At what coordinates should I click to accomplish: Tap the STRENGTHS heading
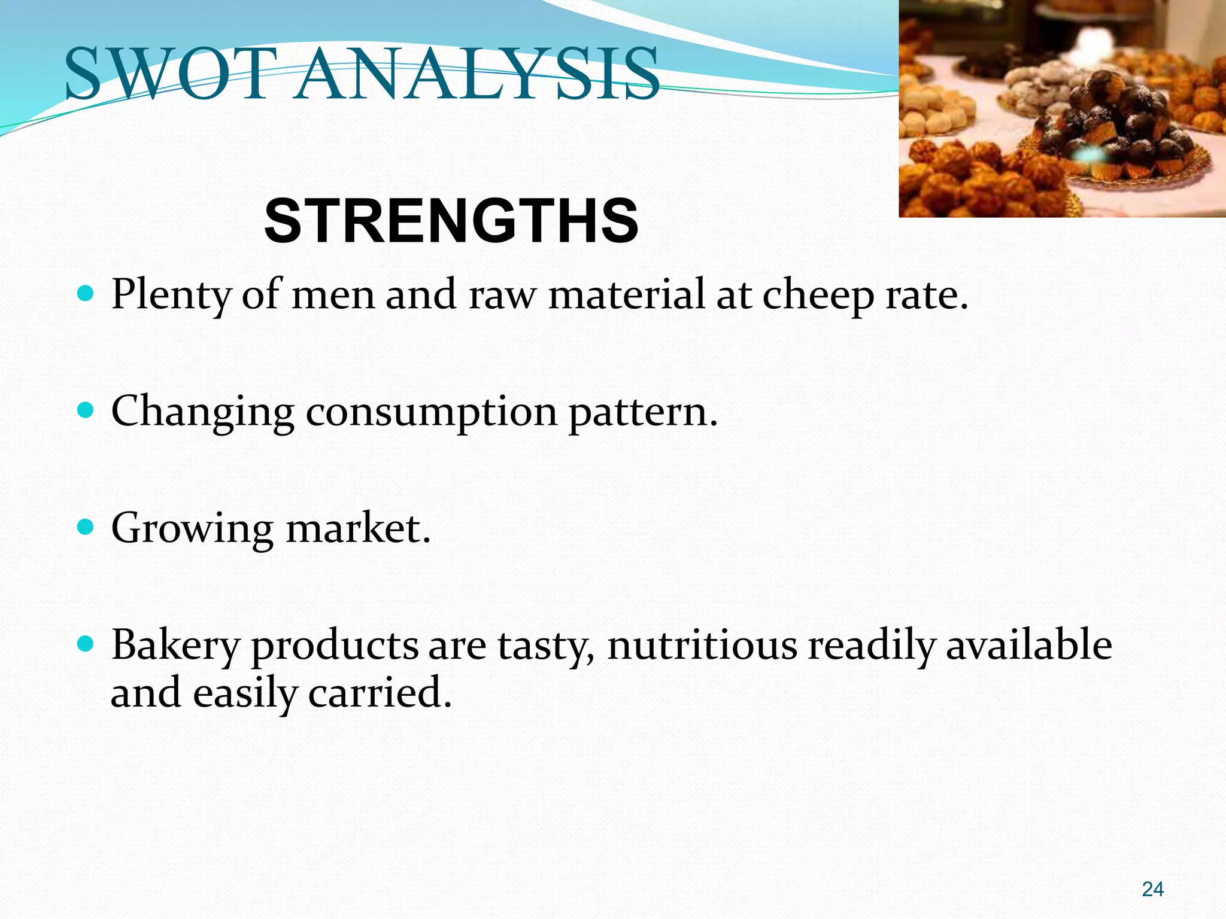tap(451, 221)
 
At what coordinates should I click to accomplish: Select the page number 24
tap(1152, 889)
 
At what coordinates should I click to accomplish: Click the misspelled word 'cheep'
tap(818, 296)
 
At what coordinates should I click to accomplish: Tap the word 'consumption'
tap(432, 413)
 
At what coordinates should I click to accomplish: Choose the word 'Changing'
tap(203, 413)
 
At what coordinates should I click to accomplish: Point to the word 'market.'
tap(359, 528)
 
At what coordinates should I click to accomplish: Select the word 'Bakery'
tap(175, 646)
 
